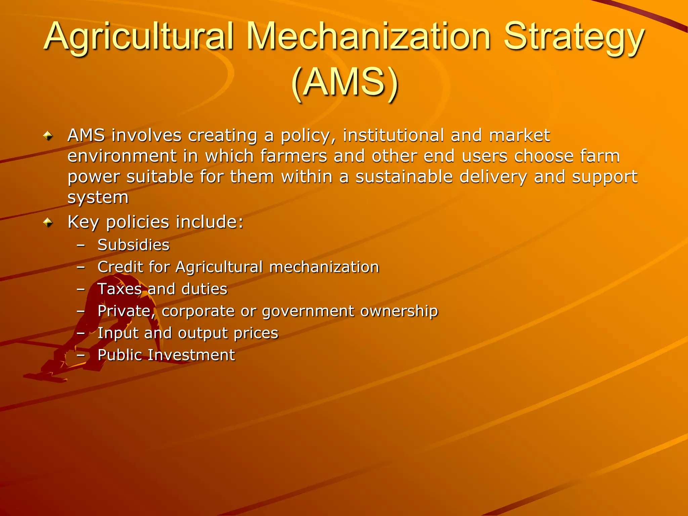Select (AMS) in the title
coord(345,83)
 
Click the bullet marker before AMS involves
coord(48,136)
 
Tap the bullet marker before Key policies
coord(48,222)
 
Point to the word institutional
coord(393,135)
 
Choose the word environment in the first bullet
coord(122,156)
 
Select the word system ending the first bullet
coord(98,198)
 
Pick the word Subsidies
coord(133,245)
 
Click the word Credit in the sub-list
coord(120,267)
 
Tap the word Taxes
coord(120,289)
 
